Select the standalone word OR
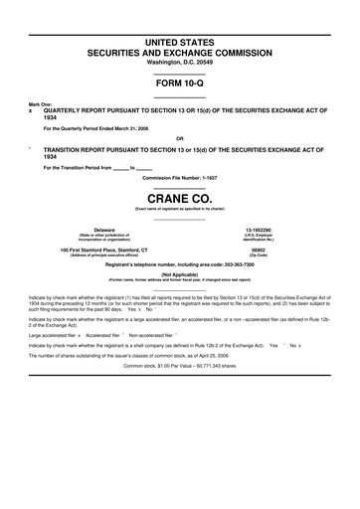click(x=180, y=138)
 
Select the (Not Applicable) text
click(x=180, y=274)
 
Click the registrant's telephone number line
click(x=180, y=264)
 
